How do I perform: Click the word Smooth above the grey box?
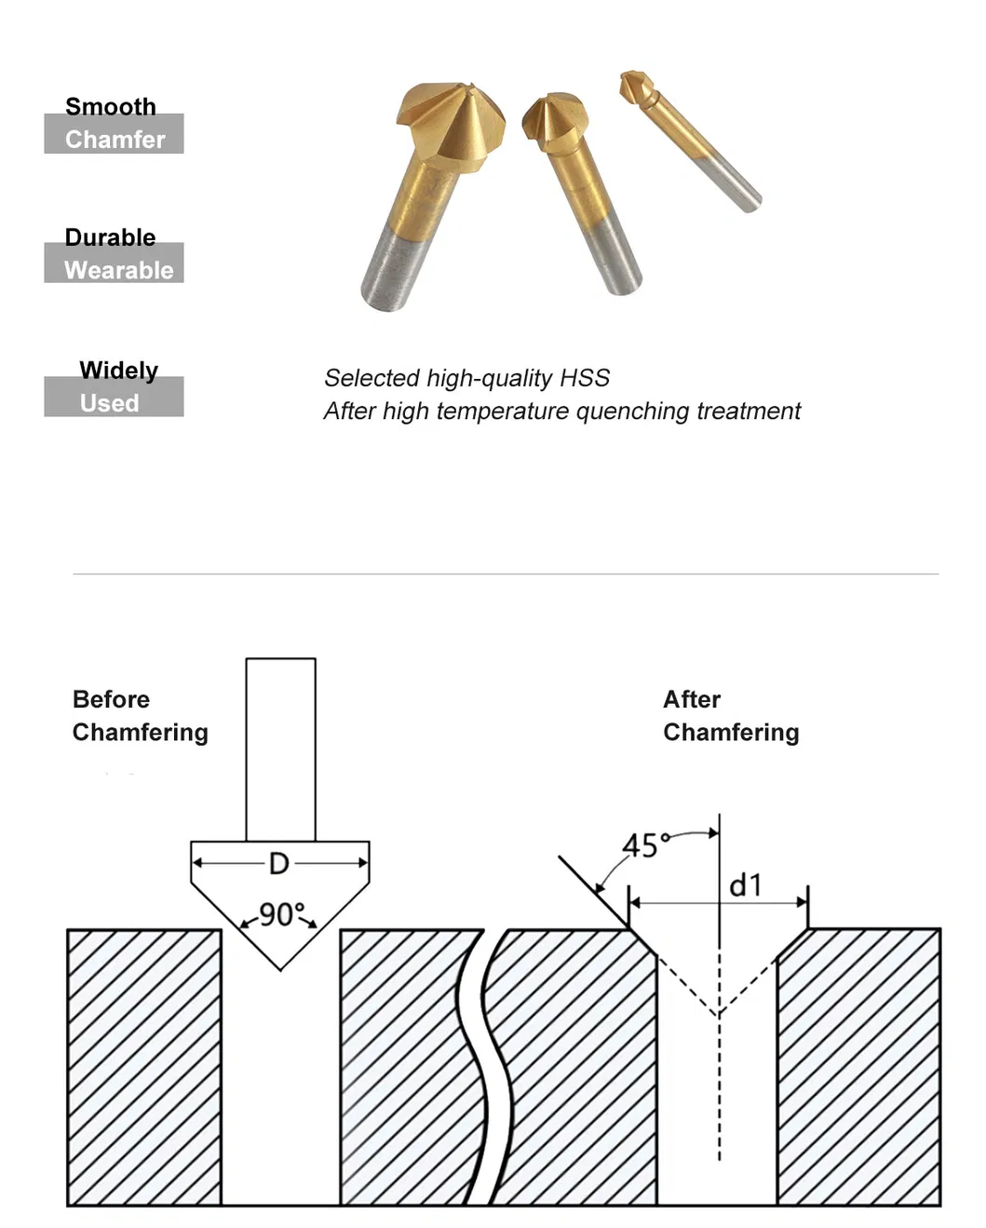(110, 106)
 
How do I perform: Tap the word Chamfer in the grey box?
(115, 140)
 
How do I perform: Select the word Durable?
(110, 237)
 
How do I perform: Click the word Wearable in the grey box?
(118, 270)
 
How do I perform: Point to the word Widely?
(118, 371)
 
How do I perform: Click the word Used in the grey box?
(109, 403)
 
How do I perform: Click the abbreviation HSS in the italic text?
(584, 378)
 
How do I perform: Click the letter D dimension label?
(278, 864)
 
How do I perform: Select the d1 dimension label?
(745, 885)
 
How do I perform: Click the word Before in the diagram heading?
(111, 699)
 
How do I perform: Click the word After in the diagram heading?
(691, 699)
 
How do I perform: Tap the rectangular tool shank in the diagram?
(280, 749)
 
